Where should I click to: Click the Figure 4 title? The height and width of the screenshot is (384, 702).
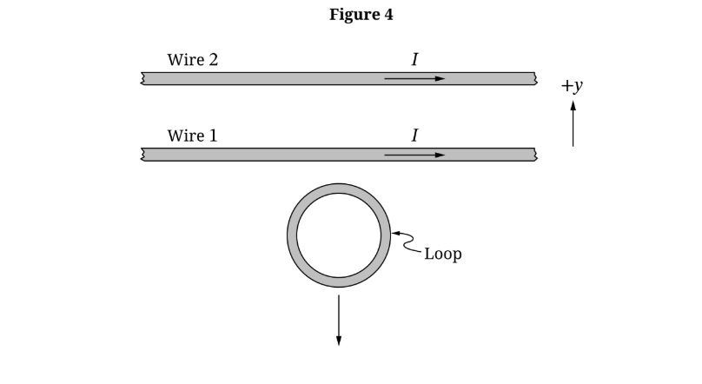tap(361, 15)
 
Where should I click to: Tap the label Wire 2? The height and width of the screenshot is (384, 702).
tap(192, 60)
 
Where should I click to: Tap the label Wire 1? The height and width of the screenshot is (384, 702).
tap(192, 136)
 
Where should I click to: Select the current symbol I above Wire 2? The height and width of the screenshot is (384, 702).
tap(414, 60)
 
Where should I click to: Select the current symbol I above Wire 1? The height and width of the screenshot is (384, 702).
tap(414, 136)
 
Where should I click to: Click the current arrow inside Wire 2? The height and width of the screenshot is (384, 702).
tap(414, 78)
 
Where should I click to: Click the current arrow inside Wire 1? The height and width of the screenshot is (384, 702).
tap(414, 155)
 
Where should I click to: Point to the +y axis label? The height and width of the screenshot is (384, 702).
tap(571, 86)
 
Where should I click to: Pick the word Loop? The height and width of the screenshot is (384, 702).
tap(442, 255)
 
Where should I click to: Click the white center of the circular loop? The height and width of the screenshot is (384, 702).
tap(339, 235)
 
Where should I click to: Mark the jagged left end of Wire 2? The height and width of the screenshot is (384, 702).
tap(142, 78)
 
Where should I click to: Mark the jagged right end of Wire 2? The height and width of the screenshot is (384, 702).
tap(535, 78)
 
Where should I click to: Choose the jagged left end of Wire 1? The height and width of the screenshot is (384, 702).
tap(142, 155)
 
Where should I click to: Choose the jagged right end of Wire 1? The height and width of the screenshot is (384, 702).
tap(535, 155)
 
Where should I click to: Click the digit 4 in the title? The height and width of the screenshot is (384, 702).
tap(387, 15)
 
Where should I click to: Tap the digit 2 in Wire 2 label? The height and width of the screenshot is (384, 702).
tap(212, 60)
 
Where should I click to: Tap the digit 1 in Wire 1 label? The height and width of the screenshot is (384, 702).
tap(212, 136)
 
